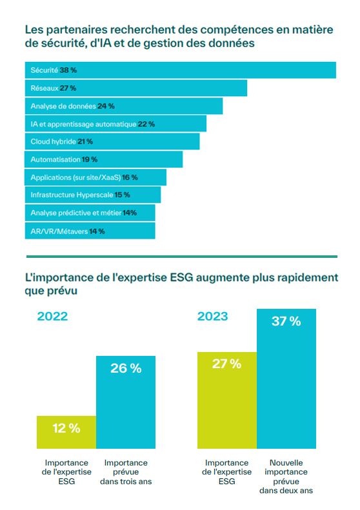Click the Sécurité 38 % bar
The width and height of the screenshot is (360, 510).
pos(180,70)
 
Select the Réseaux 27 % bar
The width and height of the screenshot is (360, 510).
pos(136,88)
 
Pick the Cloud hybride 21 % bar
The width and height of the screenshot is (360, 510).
pos(112,141)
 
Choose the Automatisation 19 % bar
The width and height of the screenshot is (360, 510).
pos(104,159)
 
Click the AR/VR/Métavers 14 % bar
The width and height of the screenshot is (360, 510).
pos(90,231)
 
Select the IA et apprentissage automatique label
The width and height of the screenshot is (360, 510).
pos(83,123)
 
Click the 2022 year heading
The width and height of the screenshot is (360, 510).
pos(52,317)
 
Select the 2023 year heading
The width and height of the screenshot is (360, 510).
pos(212,317)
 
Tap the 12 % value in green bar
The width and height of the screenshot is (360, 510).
pos(66,428)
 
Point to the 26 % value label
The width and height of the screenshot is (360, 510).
pos(126,368)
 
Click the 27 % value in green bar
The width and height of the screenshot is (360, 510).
pos(226,364)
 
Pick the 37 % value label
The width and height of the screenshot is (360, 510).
pos(286,321)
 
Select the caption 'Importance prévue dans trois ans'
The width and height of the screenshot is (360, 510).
pos(126,472)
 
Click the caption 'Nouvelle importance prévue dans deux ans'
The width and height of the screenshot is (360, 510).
pos(286,476)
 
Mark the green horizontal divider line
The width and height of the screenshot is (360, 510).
pos(180,256)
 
